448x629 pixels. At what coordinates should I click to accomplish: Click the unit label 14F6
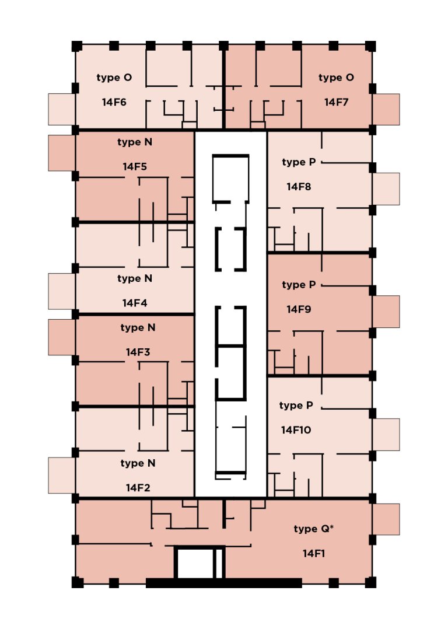pyautogui.click(x=114, y=102)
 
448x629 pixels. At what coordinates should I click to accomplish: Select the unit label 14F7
pyautogui.click(x=337, y=102)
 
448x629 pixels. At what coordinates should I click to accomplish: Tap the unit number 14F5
pyautogui.click(x=135, y=166)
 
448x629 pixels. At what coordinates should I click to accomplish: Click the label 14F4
pyautogui.click(x=135, y=303)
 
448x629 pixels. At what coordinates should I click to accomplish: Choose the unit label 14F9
pyautogui.click(x=299, y=309)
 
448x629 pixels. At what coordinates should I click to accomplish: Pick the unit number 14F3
pyautogui.click(x=138, y=352)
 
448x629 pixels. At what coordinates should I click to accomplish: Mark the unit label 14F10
pyautogui.click(x=296, y=430)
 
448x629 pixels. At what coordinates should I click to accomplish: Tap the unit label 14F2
pyautogui.click(x=138, y=487)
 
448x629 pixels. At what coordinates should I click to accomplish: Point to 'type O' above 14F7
pyautogui.click(x=337, y=78)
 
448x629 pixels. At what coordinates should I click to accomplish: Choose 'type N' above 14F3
pyautogui.click(x=138, y=327)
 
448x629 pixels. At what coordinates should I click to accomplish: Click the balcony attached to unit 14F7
pyautogui.click(x=386, y=109)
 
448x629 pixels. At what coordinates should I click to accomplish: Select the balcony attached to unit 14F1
pyautogui.click(x=386, y=519)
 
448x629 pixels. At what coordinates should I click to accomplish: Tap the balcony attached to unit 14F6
pyautogui.click(x=61, y=109)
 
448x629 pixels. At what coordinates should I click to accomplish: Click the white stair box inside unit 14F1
pyautogui.click(x=195, y=564)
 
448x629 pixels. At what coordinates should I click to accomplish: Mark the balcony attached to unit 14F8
pyautogui.click(x=386, y=188)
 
